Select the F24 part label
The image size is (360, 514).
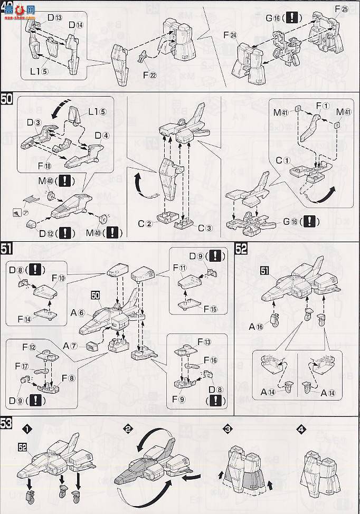(x=230, y=36)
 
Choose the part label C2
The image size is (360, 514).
(x=146, y=223)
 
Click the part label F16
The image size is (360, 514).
(x=212, y=359)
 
